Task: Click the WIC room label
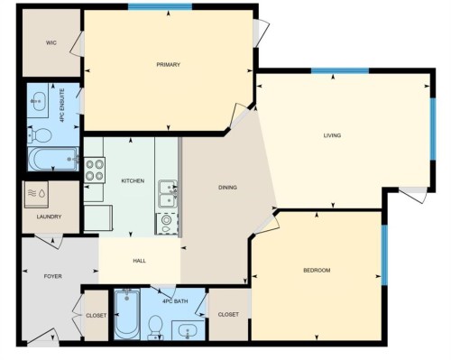51,42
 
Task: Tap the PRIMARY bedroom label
169,65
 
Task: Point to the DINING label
227,188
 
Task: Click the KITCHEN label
133,181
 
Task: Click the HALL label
140,261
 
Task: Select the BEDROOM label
317,271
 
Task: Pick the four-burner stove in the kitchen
95,170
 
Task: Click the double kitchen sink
168,193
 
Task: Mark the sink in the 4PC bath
188,329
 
